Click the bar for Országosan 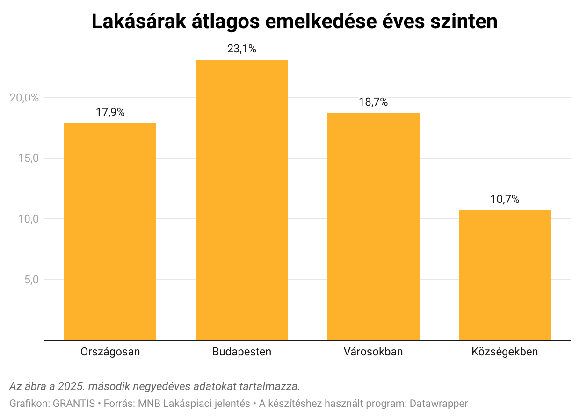click(110, 231)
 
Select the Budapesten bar click(242, 200)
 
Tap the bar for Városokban click(373, 227)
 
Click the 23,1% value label click(242, 49)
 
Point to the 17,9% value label click(110, 112)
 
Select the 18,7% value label click(373, 102)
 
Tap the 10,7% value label click(505, 199)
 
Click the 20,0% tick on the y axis click(24, 98)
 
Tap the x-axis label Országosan click(110, 352)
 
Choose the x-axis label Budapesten click(242, 352)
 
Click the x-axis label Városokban click(373, 352)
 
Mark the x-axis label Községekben click(505, 352)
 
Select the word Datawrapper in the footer click(438, 403)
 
